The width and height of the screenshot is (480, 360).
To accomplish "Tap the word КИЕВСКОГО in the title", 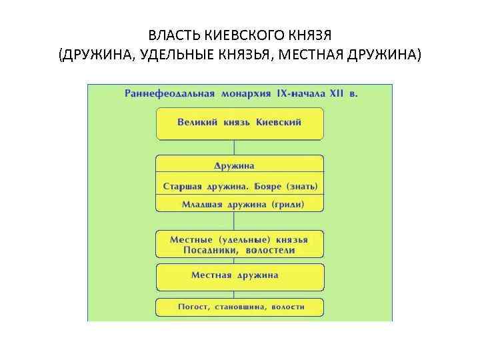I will (x=239, y=34).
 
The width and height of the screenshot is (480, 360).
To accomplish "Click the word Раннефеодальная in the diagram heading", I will (x=169, y=93).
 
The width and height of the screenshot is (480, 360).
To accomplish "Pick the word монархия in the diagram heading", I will (x=245, y=93).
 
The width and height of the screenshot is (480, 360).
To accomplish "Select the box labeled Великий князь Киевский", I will (x=239, y=123).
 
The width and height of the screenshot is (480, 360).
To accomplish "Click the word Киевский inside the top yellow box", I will (x=279, y=123).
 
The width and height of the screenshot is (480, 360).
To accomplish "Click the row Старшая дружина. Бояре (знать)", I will (x=239, y=185).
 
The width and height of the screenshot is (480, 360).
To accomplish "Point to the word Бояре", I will (x=265, y=185).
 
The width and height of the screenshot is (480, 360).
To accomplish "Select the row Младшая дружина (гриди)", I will (x=239, y=204).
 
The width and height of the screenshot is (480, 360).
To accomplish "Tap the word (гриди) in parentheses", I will (x=287, y=204).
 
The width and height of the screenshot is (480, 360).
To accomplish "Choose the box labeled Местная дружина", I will (x=239, y=276).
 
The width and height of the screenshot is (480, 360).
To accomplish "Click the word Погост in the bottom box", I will (x=193, y=307).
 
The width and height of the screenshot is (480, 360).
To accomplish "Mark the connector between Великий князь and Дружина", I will (x=234, y=147).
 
